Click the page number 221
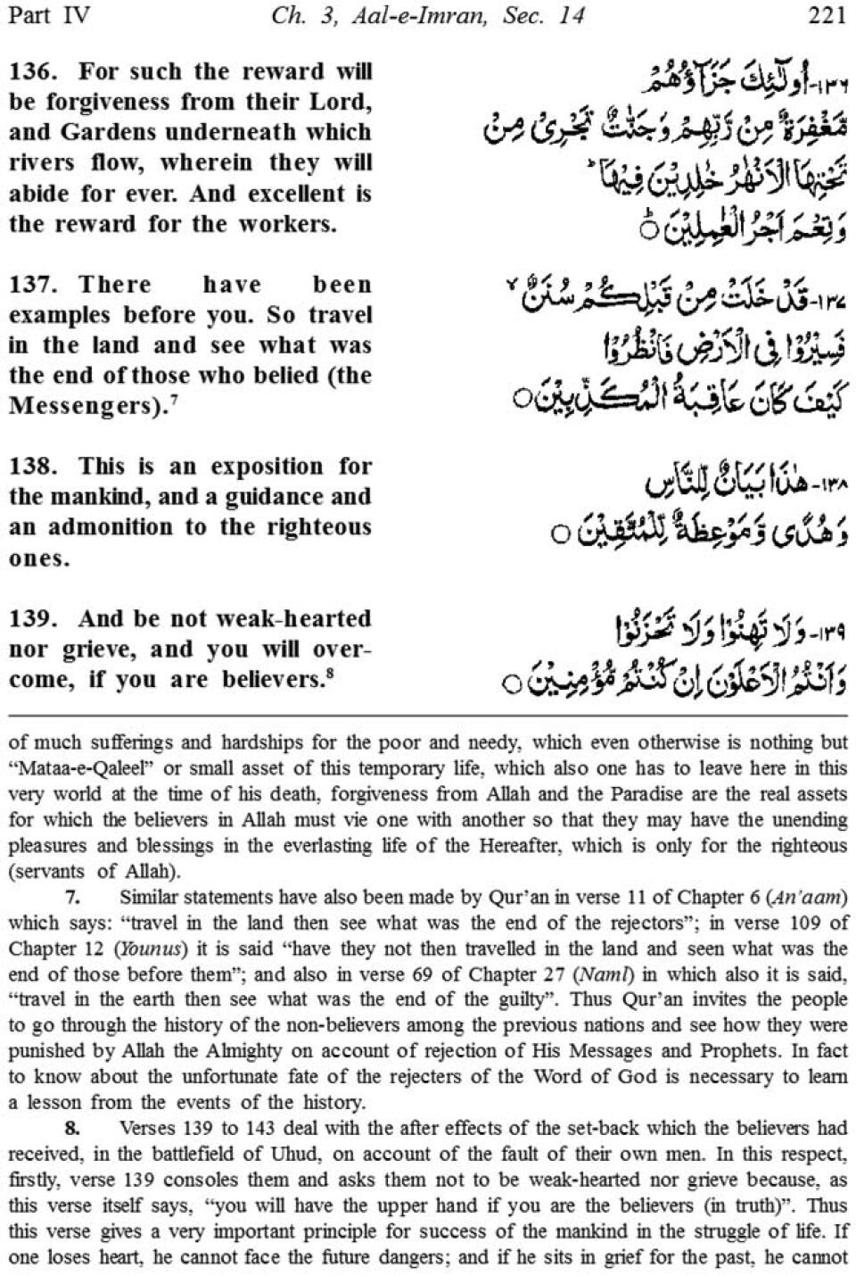pos(827,16)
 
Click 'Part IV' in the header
pos(49,16)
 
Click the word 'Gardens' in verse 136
pos(108,132)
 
